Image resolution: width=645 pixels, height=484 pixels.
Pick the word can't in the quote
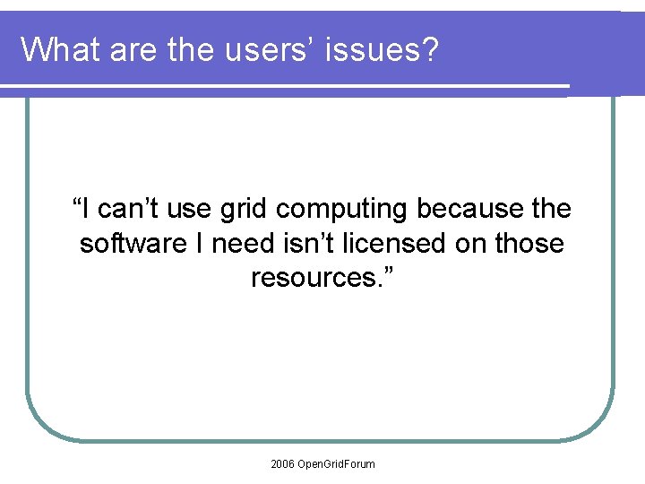[x=127, y=210]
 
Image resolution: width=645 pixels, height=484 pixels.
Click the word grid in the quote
[x=243, y=210]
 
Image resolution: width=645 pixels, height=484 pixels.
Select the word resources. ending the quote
[x=322, y=278]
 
